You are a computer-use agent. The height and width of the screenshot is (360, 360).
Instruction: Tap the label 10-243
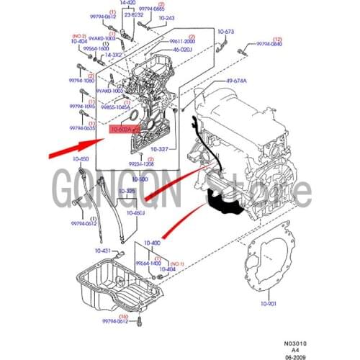pyautogui.click(x=166, y=17)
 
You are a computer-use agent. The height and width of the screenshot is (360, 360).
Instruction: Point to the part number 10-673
pyautogui.click(x=226, y=32)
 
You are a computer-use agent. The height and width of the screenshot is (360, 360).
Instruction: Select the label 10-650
pyautogui.click(x=80, y=158)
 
